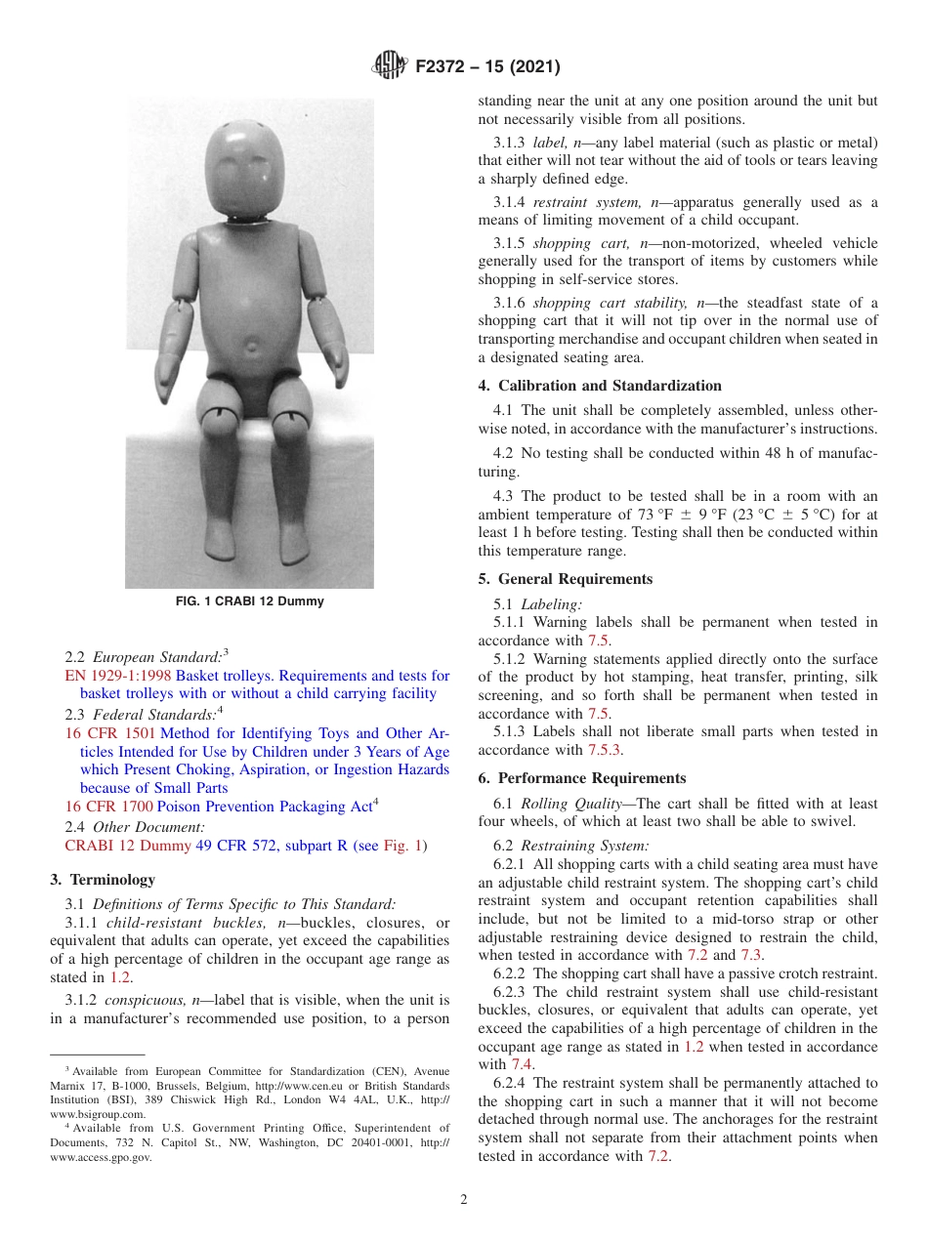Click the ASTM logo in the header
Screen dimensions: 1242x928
(391, 66)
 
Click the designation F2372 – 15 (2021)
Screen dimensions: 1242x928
(486, 67)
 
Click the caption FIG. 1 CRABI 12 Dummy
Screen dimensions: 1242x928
(249, 601)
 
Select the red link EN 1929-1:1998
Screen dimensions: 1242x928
(117, 676)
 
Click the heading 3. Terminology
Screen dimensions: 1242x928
(103, 880)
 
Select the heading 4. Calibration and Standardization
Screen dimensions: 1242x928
(600, 386)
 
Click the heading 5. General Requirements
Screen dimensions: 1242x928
(565, 579)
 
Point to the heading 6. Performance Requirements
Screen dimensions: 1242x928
(582, 778)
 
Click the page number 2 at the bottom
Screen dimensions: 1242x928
(464, 1200)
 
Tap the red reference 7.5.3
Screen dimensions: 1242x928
(604, 750)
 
